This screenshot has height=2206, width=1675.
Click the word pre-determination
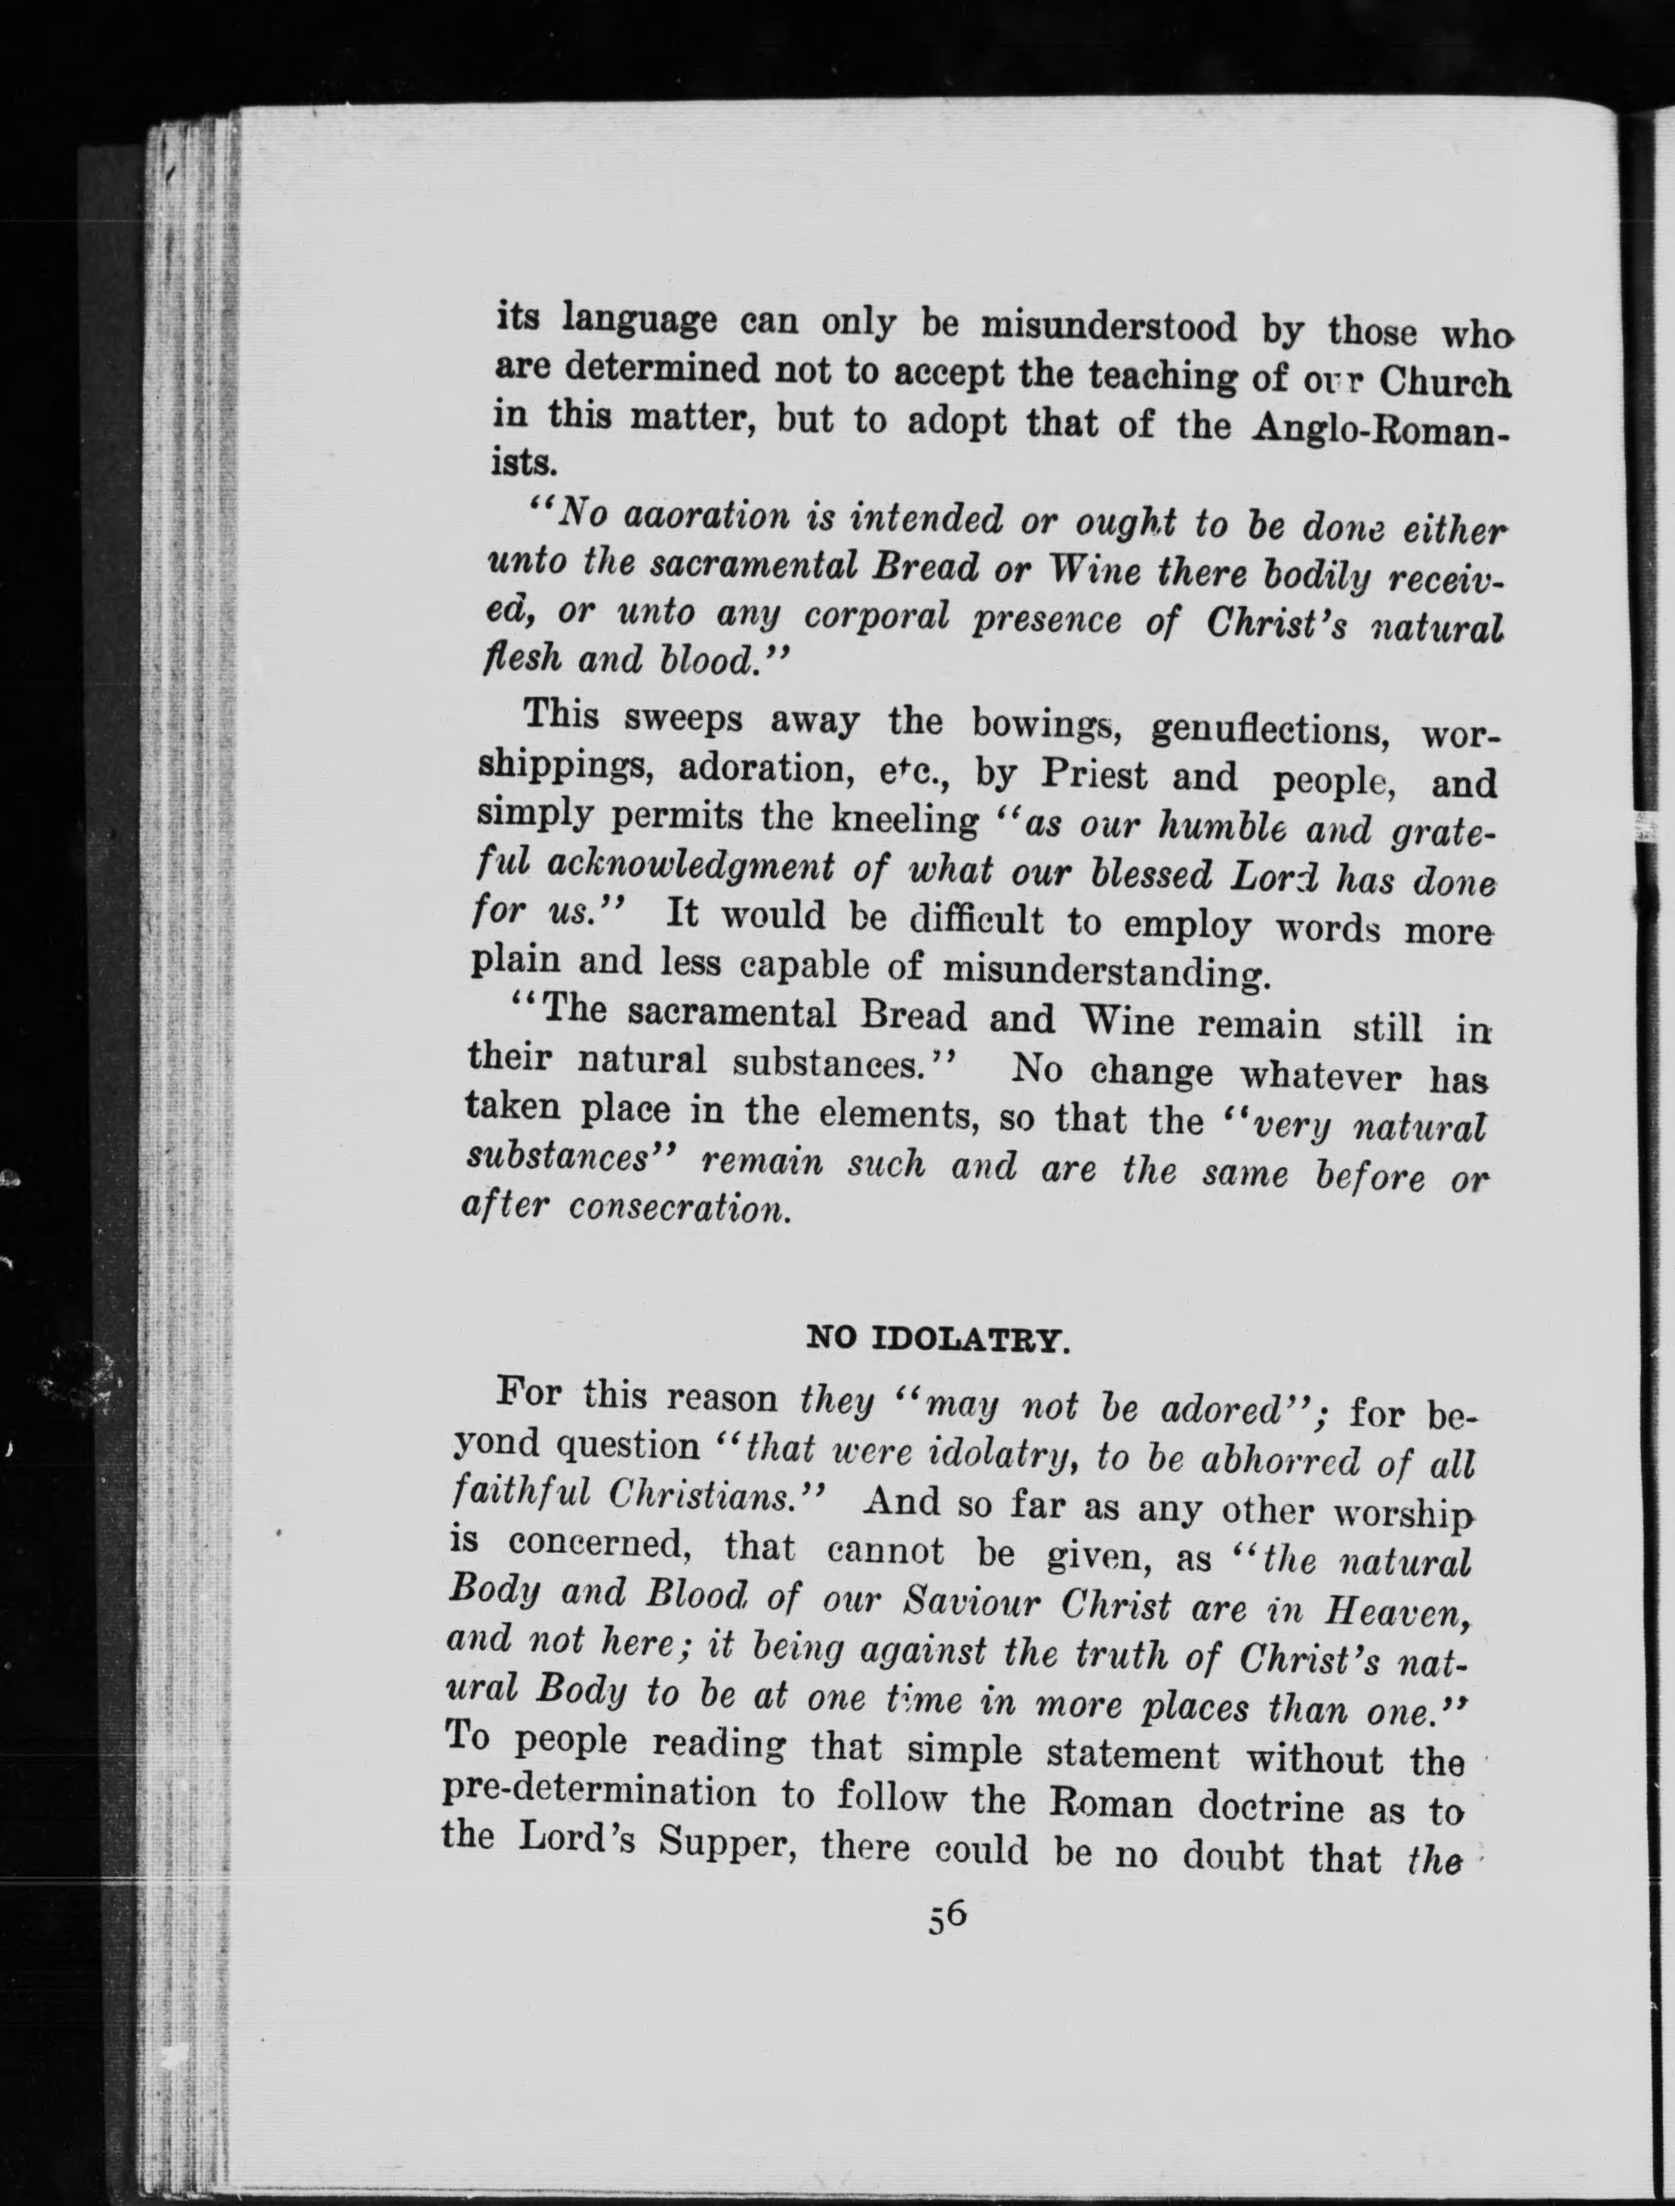(x=599, y=1792)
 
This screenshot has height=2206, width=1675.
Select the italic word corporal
(x=876, y=618)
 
